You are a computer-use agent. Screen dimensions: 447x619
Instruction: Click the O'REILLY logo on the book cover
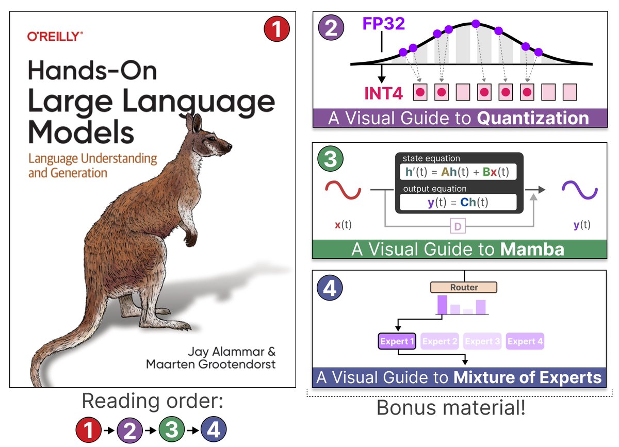[x=55, y=37]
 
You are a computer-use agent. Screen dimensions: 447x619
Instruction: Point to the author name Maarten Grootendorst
[x=210, y=365]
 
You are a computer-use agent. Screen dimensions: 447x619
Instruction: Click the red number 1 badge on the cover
[x=277, y=29]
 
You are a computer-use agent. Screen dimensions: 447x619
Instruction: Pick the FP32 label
[x=383, y=24]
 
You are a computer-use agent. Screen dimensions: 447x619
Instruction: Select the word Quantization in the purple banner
[x=533, y=119]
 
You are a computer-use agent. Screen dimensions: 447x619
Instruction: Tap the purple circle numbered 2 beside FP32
[x=332, y=27]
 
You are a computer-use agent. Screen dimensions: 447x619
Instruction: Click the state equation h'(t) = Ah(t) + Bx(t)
[x=458, y=172]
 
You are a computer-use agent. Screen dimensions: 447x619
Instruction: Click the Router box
[x=464, y=287]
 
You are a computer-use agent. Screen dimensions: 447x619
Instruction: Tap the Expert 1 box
[x=397, y=341]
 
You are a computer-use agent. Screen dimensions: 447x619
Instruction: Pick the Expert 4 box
[x=525, y=341]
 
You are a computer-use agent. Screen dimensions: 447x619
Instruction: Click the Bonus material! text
[x=451, y=407]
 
